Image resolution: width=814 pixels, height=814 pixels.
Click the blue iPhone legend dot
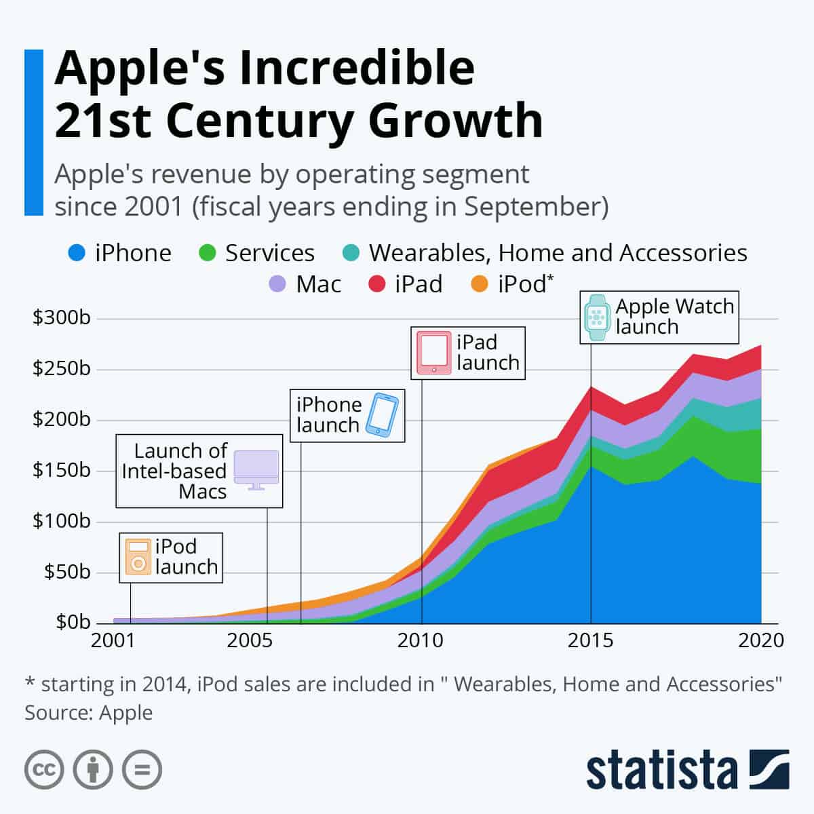(x=77, y=254)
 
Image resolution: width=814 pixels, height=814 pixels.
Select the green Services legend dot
(x=207, y=254)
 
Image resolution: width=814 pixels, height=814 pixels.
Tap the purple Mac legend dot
(x=277, y=284)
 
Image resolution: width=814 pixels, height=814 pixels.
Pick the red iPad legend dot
(x=376, y=284)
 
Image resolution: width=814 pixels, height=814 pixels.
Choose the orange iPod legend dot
(x=480, y=284)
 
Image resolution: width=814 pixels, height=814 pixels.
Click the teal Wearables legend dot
(x=351, y=254)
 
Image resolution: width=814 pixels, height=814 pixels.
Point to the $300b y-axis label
(x=61, y=317)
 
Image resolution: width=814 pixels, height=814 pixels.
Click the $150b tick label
(x=61, y=470)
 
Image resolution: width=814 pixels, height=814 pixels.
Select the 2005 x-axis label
(x=250, y=640)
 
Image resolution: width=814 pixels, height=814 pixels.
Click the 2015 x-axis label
(x=590, y=640)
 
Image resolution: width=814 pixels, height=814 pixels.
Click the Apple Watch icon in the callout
(x=597, y=317)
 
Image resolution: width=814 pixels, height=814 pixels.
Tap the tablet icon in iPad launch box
(x=433, y=353)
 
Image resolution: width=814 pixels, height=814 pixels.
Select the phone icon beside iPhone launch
(x=382, y=414)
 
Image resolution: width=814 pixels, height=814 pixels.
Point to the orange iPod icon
(x=138, y=557)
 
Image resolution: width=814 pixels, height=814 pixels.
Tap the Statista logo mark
(x=769, y=769)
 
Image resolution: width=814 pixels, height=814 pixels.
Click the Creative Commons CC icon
(x=44, y=770)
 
